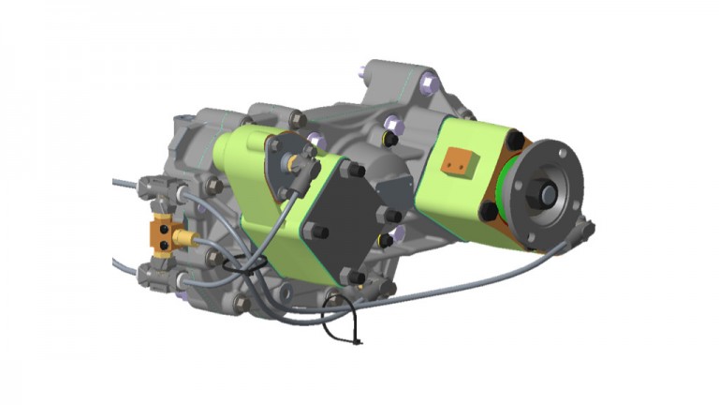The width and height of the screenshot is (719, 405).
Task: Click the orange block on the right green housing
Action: pos(459,162)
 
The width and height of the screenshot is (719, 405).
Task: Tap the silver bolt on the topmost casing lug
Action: pos(428,85)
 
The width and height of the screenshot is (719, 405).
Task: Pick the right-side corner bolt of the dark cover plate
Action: pos(385,217)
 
